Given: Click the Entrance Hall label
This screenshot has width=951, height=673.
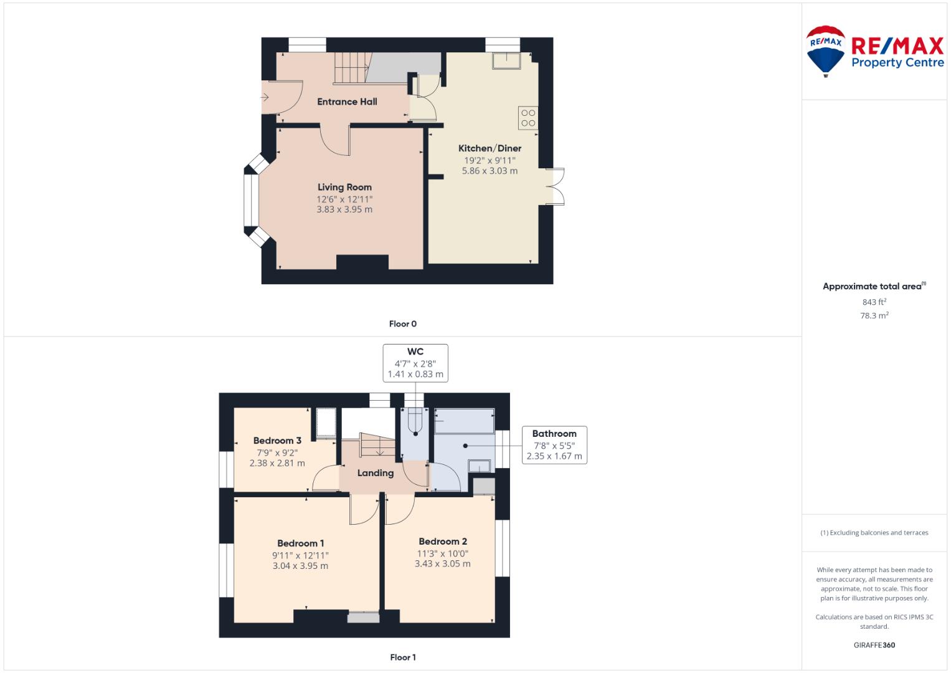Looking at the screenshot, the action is pos(347,102).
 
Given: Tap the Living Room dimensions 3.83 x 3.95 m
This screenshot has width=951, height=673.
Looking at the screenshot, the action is pos(344,209).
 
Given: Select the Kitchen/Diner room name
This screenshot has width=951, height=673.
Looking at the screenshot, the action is pos(490,148).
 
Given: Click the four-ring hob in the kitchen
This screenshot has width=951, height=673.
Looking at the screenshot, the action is pos(528,118).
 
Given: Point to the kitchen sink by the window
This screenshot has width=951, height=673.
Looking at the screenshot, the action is pos(506,60).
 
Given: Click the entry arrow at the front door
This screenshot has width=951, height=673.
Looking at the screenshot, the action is pos(265,97).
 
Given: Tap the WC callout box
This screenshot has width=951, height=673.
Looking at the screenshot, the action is pos(415,363).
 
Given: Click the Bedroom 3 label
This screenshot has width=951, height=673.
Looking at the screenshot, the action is pos(277,441).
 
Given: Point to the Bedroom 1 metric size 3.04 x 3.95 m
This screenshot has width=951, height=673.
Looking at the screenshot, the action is pos(300,566).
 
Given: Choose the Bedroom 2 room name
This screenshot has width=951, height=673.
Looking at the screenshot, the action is pos(443,542).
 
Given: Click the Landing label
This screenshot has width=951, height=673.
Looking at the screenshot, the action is pos(376,473).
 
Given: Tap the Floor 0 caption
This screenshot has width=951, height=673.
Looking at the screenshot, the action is pos(403,324).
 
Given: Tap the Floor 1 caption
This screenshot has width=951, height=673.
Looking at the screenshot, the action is pos(403,657).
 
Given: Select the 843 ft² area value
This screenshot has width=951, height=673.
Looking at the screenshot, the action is pos(874,302).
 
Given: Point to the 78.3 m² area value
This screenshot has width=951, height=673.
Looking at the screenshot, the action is pos(874,315).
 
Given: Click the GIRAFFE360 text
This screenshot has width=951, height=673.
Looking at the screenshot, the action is pos(874,645).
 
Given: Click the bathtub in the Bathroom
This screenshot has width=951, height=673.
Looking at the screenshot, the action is pos(465,421).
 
